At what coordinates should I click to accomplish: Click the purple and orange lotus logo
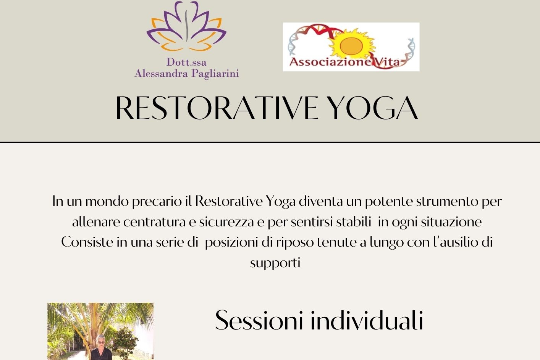click(x=186, y=26)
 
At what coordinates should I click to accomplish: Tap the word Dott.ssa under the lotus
click(x=186, y=62)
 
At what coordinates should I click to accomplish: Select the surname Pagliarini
click(x=215, y=74)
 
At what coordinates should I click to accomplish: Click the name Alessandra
click(x=161, y=73)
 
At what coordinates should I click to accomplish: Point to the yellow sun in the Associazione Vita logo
click(x=351, y=46)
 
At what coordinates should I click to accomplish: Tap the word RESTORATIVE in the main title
click(x=217, y=108)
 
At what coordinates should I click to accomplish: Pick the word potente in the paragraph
click(x=389, y=202)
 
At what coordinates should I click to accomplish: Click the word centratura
click(x=154, y=222)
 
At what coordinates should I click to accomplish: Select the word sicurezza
click(x=226, y=222)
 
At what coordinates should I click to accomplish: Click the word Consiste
click(x=87, y=242)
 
